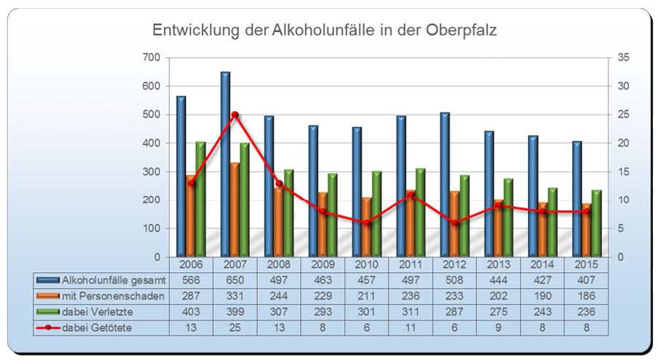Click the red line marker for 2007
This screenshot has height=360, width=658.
pyautogui.click(x=235, y=115)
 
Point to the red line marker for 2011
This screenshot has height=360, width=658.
pyautogui.click(x=410, y=195)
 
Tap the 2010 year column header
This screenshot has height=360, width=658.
pyautogui.click(x=367, y=264)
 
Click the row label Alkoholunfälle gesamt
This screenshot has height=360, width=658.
pyautogui.click(x=115, y=280)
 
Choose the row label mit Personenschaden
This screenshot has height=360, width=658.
pyautogui.click(x=113, y=296)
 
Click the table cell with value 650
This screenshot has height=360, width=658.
pyautogui.click(x=235, y=280)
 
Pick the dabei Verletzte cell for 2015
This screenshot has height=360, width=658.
pyautogui.click(x=586, y=312)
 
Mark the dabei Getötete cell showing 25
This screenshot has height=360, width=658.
pyautogui.click(x=235, y=328)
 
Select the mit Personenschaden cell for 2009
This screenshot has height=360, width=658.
pyautogui.click(x=322, y=296)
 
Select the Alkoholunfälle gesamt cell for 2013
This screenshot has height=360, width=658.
pyautogui.click(x=498, y=280)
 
